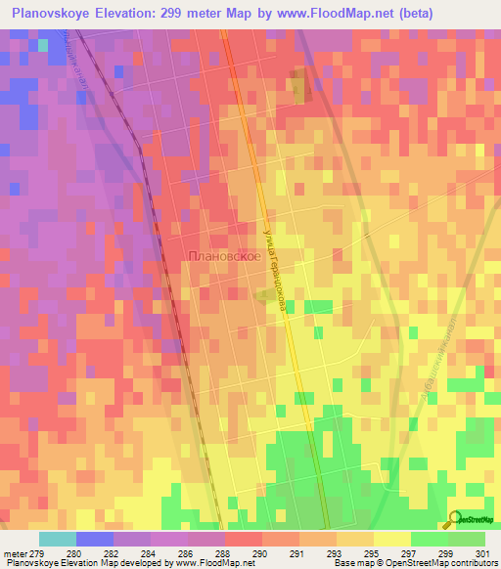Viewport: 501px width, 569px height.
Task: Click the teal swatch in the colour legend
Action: point(57,539)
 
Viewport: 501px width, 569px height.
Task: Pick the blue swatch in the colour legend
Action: point(94,539)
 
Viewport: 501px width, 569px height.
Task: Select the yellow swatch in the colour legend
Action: point(391,539)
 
